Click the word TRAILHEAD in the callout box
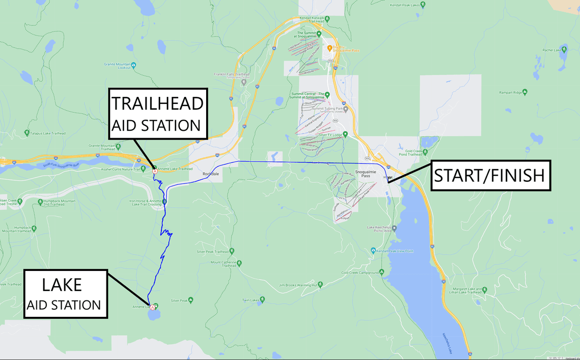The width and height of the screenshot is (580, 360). pos(157,103)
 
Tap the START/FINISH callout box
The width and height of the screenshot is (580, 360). pos(489,175)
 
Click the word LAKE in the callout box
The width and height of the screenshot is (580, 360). pos(62,285)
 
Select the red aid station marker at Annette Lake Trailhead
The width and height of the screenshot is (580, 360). pos(155,171)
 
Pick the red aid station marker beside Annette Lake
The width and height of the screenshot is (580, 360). pos(152,307)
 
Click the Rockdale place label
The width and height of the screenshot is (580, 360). pos(211,173)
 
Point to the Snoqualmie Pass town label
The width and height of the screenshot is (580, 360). pos(365,174)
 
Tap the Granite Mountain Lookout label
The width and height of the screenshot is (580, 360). pos(117,65)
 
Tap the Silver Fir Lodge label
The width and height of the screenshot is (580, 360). pos(330,134)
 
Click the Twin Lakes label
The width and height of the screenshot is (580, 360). pos(252,300)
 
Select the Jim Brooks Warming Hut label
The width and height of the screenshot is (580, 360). pos(297,285)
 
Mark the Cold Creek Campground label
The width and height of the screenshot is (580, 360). pos(361,273)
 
